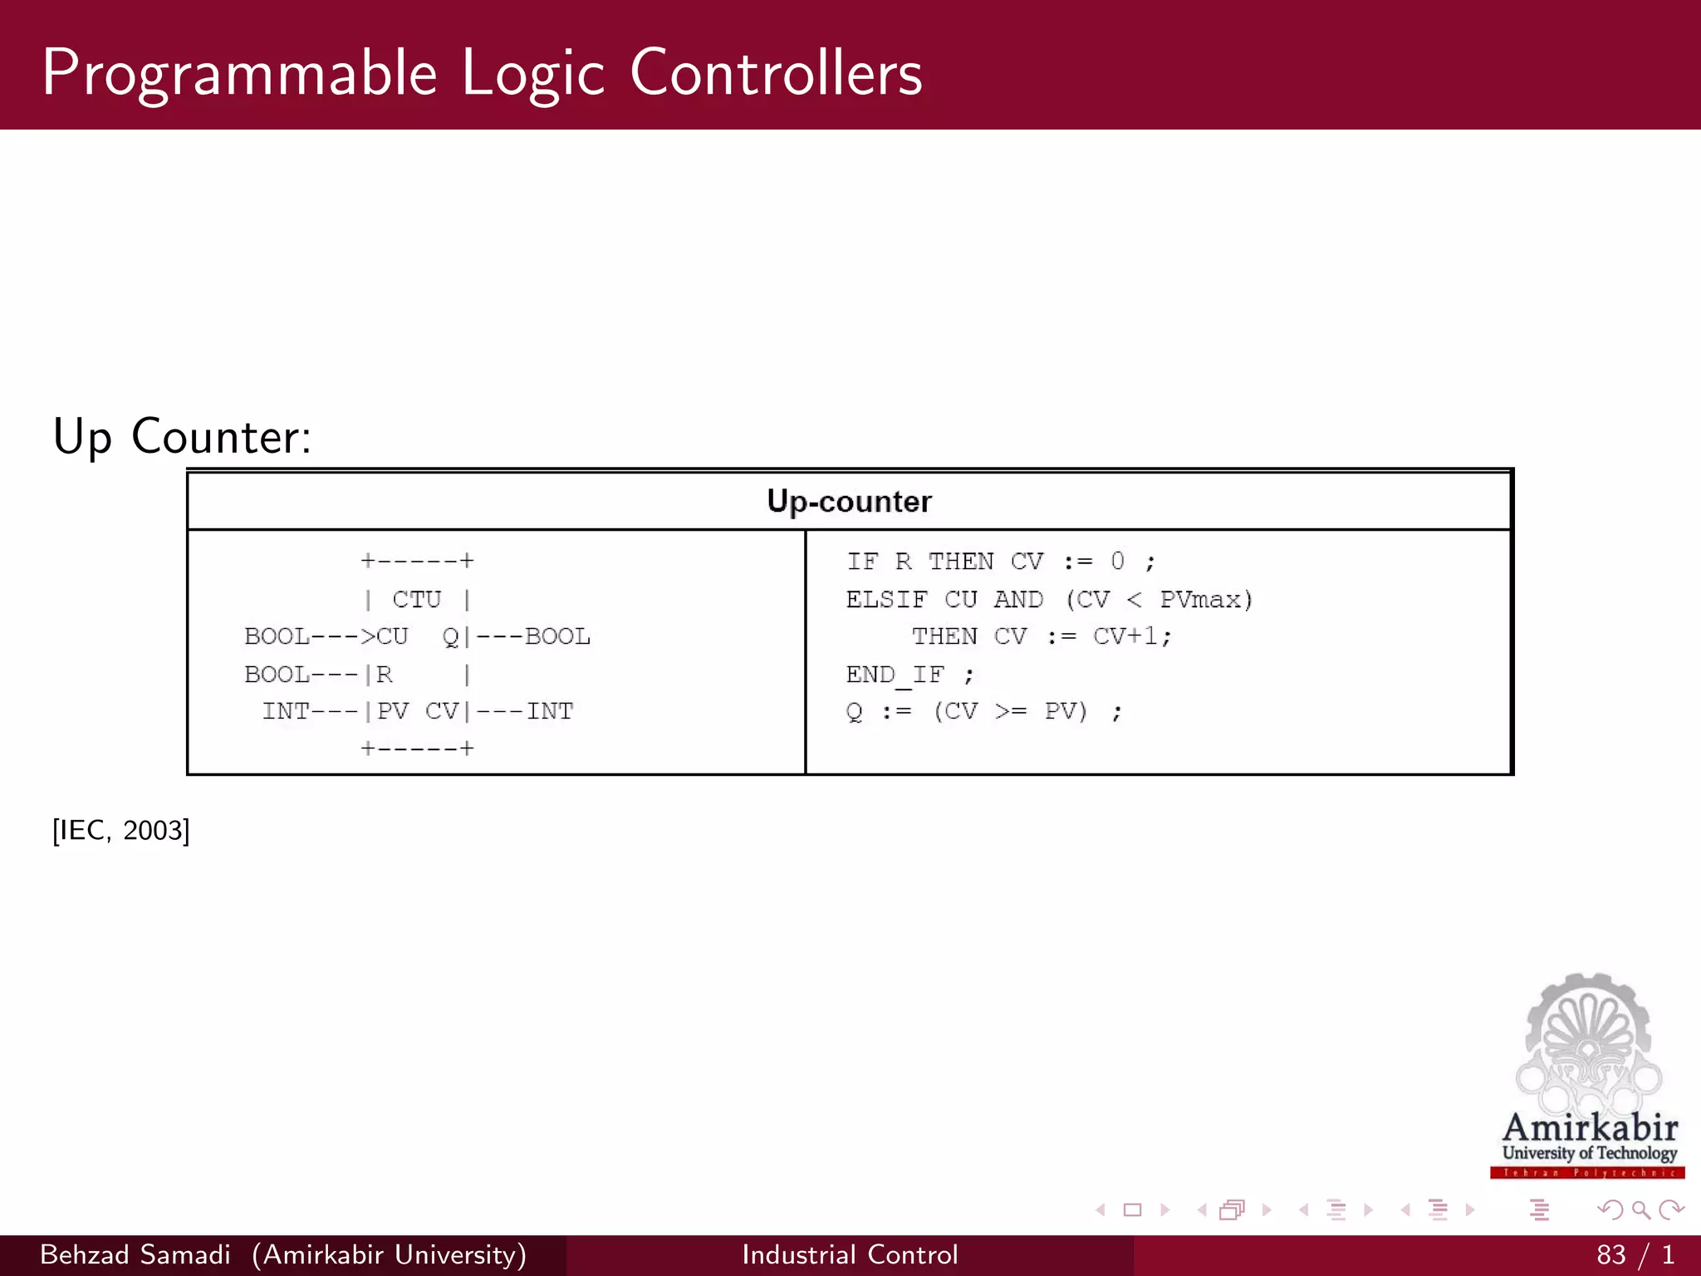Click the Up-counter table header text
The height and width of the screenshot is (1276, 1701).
pos(849,502)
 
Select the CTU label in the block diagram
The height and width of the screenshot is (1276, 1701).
pos(417,599)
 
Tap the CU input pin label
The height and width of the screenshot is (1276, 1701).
pos(392,636)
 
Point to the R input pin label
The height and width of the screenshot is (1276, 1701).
pos(385,674)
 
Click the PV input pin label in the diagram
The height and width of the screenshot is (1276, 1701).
pos(393,711)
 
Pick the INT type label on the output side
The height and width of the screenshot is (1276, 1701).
pos(550,711)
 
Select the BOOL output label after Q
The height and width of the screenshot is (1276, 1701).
pos(557,636)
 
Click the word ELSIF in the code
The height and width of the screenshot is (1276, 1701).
pos(886,599)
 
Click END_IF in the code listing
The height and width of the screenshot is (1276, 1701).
pos(895,674)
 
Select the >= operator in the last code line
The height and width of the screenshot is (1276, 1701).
pos(1011,711)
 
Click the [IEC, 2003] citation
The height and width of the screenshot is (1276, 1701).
pos(121,830)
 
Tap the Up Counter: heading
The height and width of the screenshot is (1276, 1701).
pos(182,436)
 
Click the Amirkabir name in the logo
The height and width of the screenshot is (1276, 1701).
pos(1589,1128)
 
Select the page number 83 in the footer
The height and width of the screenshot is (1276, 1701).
pos(1610,1254)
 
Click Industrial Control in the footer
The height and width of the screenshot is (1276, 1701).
pos(850,1254)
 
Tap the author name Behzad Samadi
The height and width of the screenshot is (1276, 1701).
pos(135,1254)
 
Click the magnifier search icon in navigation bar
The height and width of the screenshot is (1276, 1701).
pos(1640,1210)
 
